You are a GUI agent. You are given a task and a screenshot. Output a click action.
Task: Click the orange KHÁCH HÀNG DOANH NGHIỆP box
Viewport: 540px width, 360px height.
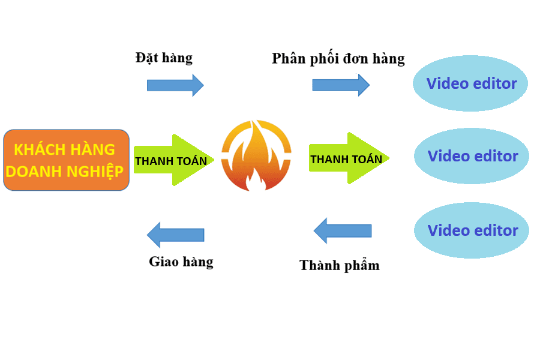tap(66, 160)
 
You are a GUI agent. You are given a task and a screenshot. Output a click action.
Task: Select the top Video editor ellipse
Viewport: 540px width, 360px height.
tap(470, 83)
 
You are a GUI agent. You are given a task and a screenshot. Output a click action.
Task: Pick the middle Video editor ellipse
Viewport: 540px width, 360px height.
tap(472, 156)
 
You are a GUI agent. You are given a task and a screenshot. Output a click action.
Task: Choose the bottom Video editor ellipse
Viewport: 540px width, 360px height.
tap(472, 230)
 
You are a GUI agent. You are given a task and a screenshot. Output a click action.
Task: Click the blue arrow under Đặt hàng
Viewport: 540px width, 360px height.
tap(175, 85)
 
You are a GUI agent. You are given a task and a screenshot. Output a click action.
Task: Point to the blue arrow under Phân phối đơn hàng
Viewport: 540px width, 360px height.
tap(341, 85)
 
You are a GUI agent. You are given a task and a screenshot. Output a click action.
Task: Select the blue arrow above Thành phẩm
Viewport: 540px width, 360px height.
tap(342, 230)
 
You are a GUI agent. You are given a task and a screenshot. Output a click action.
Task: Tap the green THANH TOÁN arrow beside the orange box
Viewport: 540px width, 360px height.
tap(173, 160)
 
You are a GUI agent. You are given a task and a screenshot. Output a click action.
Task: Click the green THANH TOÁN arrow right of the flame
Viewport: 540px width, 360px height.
tap(349, 159)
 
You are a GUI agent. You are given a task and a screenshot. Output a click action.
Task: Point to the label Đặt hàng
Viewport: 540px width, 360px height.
tap(164, 58)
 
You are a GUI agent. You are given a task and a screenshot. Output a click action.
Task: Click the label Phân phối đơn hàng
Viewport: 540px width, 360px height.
tap(338, 59)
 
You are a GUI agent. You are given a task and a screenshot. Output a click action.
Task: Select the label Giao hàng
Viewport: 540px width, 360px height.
tap(181, 262)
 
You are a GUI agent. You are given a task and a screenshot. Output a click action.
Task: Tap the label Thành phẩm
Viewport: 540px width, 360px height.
tap(339, 265)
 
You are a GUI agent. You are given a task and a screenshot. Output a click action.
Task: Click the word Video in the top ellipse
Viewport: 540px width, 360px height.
tap(447, 83)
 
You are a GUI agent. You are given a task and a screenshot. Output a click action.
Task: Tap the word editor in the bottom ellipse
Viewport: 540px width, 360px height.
tap(495, 230)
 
